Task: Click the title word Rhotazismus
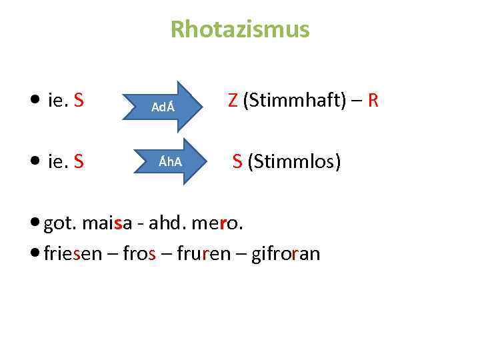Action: pyautogui.click(x=240, y=29)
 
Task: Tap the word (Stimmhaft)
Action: pyautogui.click(x=293, y=101)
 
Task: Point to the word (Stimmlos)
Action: pyautogui.click(x=294, y=161)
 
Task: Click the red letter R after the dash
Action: pyautogui.click(x=373, y=101)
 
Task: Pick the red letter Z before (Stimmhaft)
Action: pyautogui.click(x=233, y=101)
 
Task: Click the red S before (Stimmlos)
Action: pyautogui.click(x=237, y=161)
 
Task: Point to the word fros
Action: pyautogui.click(x=140, y=253)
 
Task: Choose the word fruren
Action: pyautogui.click(x=203, y=253)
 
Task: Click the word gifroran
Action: pyautogui.click(x=285, y=253)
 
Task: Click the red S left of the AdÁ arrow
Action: pyautogui.click(x=79, y=101)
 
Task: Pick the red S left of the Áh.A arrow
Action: pyautogui.click(x=79, y=161)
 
